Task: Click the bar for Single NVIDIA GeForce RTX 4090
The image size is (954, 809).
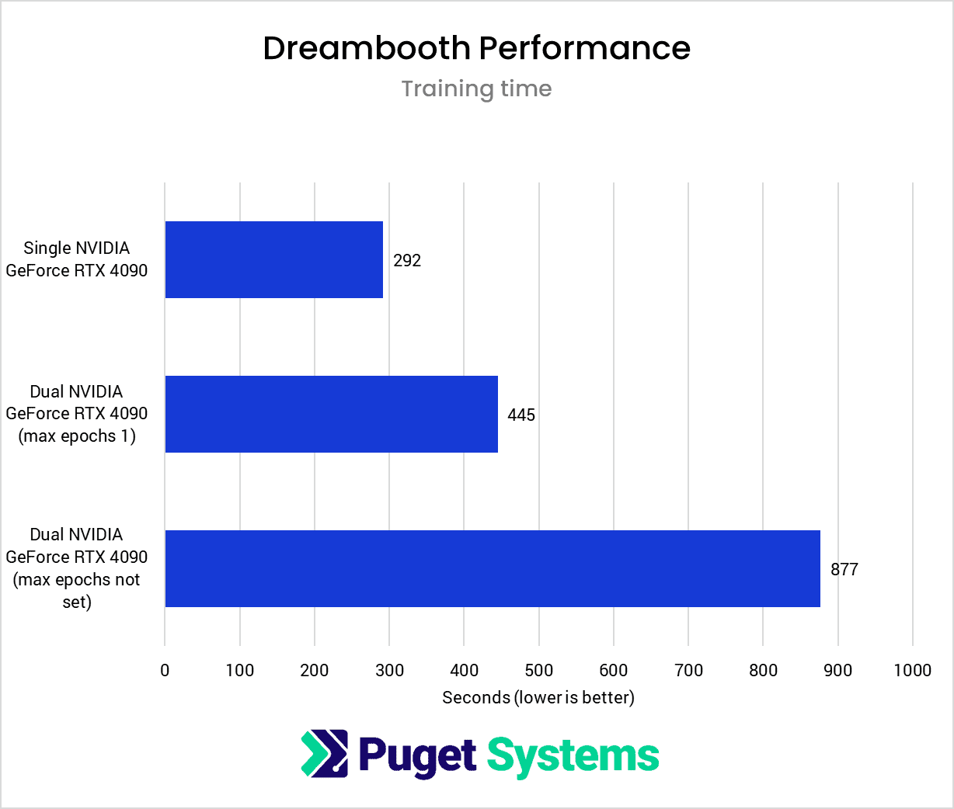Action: pos(273,259)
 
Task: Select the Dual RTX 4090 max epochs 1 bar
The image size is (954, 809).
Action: pos(331,414)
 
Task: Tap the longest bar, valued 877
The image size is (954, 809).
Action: pos(493,568)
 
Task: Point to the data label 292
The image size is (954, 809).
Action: pos(407,260)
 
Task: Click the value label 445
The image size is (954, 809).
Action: pos(521,415)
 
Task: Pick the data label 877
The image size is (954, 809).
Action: pos(844,569)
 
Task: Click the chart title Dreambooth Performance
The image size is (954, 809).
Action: pos(476,48)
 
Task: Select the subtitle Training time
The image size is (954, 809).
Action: pos(476,89)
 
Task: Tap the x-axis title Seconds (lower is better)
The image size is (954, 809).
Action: pos(538,697)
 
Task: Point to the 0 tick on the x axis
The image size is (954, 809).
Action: pos(165,670)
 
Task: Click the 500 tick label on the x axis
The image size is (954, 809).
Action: pos(538,670)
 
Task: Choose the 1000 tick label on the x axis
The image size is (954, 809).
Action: pos(912,670)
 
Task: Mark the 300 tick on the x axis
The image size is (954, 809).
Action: pos(389,670)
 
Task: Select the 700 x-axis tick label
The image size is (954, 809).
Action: pos(688,670)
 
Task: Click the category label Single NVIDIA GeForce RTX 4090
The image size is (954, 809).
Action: pos(76,259)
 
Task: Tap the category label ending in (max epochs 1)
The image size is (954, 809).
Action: pos(76,414)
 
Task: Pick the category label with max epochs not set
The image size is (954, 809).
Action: pos(76,568)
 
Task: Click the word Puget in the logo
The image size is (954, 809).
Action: pos(417,755)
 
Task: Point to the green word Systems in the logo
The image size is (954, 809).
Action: pos(573,755)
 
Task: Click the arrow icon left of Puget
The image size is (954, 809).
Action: pos(325,753)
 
